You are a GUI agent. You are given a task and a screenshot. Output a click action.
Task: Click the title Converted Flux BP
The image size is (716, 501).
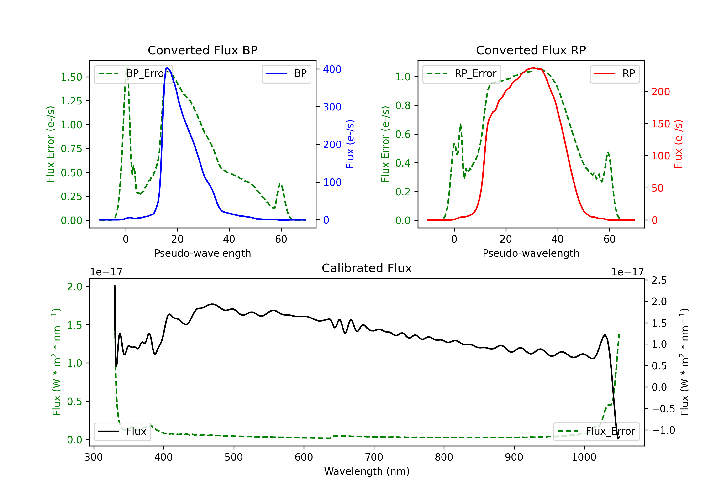pos(203,50)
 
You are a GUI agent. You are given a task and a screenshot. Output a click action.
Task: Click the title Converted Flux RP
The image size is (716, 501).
pos(531,50)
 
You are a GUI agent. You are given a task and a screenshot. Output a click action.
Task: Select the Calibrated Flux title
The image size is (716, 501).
pos(367,268)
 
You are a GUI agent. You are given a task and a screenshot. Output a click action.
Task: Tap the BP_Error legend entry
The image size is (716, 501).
pos(133,73)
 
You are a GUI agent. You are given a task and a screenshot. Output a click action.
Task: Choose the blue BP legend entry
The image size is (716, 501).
pos(286,73)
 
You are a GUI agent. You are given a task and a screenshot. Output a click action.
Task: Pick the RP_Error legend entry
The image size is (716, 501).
pos(462,73)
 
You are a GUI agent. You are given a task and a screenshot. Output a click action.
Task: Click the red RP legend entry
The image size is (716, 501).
pos(615,73)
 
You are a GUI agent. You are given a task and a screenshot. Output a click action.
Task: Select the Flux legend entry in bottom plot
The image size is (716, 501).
pos(122,432)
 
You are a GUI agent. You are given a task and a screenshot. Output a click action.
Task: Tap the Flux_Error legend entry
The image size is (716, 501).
pos(596,432)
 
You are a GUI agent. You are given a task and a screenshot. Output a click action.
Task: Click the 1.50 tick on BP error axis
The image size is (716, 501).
pos(71,77)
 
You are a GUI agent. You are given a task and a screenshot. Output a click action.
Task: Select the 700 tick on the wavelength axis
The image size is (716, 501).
pos(374,457)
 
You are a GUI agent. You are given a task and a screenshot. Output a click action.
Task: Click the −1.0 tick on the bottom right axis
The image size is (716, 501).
pos(663,430)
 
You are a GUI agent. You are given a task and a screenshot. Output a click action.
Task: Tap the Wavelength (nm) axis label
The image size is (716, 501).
pos(367,471)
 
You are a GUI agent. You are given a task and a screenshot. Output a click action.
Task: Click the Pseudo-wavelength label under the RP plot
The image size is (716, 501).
pos(531,253)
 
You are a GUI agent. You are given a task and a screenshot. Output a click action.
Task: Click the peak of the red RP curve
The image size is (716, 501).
pos(533,68)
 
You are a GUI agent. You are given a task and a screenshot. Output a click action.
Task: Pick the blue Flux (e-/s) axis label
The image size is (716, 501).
pos(350,144)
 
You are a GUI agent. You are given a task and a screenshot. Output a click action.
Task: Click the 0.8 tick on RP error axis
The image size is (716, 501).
pos(403,106)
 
